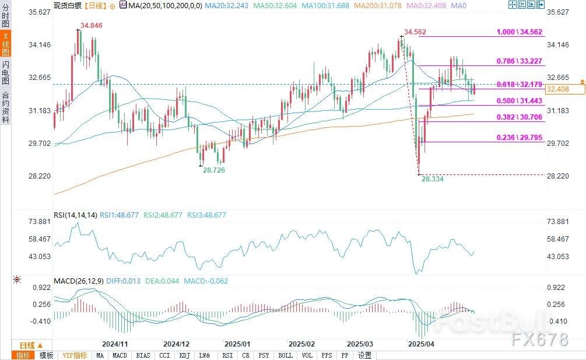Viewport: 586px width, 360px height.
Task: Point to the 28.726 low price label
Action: pos(213,170)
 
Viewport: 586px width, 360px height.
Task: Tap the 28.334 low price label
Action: pos(432,179)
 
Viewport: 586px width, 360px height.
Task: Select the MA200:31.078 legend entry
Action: pos(373,5)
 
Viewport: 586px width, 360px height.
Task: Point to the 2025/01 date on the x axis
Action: pos(237,344)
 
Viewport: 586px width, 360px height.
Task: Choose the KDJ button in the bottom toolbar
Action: pos(184,355)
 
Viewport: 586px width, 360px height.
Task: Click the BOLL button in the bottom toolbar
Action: pos(285,355)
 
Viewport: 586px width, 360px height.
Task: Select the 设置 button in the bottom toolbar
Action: pos(364,355)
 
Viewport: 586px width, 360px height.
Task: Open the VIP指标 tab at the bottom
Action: pos(75,355)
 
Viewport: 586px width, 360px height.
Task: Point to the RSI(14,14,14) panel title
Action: pos(75,215)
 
